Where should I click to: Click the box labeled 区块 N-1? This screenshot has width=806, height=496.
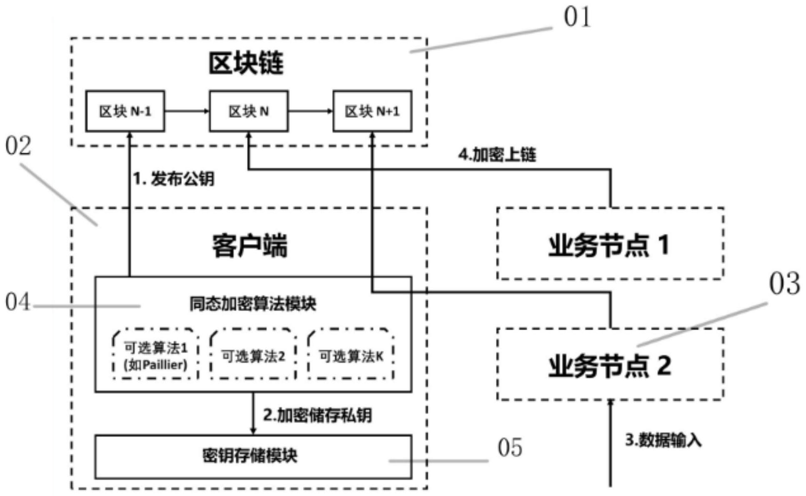tap(125, 111)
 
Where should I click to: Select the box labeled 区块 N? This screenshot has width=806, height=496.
tap(249, 111)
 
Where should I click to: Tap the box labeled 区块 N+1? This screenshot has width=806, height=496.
tap(372, 111)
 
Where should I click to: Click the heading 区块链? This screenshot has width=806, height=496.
tap(246, 64)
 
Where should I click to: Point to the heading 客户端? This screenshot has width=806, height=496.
tap(250, 246)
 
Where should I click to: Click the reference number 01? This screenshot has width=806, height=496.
tap(577, 18)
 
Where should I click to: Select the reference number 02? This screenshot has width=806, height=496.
tap(18, 146)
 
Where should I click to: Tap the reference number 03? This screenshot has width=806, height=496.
tap(784, 284)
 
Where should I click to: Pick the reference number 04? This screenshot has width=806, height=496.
tap(17, 302)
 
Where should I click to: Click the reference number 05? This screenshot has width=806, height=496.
tap(510, 448)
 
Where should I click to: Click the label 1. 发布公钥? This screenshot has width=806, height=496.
tap(174, 179)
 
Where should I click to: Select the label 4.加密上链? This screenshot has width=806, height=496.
tap(497, 155)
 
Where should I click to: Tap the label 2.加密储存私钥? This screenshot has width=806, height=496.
tap(317, 416)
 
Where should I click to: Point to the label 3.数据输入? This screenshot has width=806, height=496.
tap(663, 440)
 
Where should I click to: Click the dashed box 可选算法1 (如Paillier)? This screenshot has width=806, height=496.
tap(155, 355)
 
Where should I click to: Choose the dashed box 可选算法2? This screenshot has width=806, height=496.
tap(253, 356)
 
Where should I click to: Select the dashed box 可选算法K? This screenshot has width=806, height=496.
tap(351, 356)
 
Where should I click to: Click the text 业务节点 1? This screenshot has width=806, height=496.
tap(609, 245)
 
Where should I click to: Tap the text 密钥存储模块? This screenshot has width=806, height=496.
tap(250, 456)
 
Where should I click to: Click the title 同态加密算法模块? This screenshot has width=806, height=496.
tap(253, 304)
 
